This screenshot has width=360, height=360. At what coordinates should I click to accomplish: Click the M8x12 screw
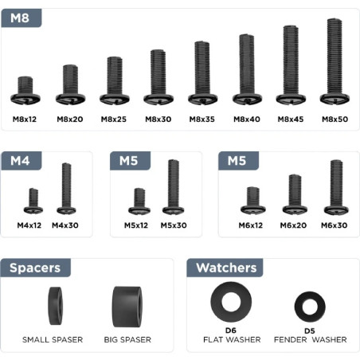click(25, 90)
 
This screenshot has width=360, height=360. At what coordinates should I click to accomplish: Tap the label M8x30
click(158, 119)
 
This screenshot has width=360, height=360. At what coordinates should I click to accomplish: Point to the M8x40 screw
click(247, 69)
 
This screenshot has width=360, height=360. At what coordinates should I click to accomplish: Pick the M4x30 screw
click(66, 188)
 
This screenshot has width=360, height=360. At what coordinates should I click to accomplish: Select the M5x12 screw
click(139, 200)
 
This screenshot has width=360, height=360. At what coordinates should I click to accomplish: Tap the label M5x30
click(173, 225)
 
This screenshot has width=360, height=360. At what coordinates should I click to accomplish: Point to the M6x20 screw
click(295, 194)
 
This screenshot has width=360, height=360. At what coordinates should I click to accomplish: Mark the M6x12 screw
click(252, 199)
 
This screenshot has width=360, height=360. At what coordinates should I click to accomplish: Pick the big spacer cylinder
click(127, 307)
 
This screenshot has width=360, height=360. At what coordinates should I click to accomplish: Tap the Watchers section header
click(226, 268)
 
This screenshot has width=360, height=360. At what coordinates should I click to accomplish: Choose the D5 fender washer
click(310, 307)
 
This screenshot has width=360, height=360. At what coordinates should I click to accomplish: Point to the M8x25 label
click(114, 119)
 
